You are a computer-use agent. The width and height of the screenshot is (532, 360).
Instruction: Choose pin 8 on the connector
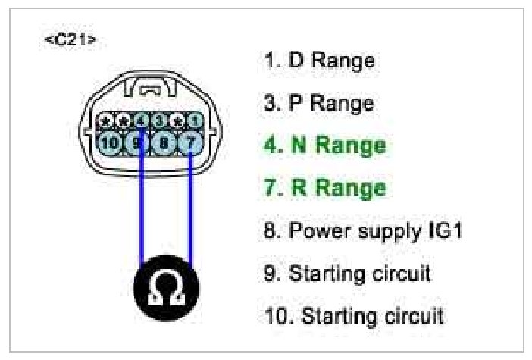tap(163, 141)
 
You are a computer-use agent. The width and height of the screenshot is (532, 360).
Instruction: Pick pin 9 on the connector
tap(137, 141)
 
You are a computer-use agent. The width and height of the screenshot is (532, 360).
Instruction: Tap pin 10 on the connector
tap(110, 141)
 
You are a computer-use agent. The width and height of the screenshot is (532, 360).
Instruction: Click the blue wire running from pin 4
tap(142, 205)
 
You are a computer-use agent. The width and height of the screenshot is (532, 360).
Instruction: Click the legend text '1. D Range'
tap(319, 61)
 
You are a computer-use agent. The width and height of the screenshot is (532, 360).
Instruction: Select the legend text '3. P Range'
tap(318, 103)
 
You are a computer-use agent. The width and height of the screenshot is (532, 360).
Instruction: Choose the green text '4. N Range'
tap(324, 145)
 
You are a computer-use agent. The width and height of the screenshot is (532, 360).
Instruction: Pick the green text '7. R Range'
tap(324, 187)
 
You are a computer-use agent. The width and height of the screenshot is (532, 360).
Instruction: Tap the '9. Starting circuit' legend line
tap(347, 272)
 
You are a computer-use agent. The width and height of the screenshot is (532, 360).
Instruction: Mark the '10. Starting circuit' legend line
tap(353, 314)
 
